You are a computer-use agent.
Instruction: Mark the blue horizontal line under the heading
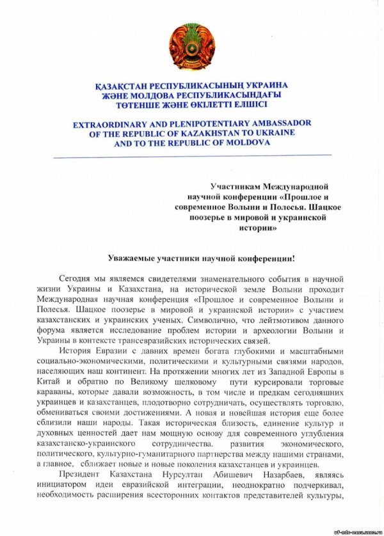pyautogui.click(x=192, y=155)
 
